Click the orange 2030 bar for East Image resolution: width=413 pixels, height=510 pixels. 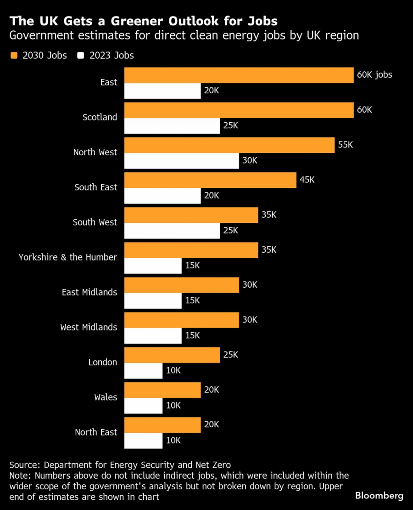click(239, 75)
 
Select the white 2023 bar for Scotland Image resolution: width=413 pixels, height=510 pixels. click(172, 126)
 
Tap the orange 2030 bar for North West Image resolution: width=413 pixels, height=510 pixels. click(229, 145)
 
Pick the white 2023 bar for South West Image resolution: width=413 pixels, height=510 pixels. click(172, 231)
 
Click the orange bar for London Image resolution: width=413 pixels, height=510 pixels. click(172, 355)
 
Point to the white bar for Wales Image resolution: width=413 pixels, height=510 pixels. click(143, 406)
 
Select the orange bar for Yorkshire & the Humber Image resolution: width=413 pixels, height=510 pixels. click(191, 250)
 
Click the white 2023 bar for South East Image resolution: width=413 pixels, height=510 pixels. click(162, 196)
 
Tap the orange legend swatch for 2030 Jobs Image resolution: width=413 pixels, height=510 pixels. click(14, 56)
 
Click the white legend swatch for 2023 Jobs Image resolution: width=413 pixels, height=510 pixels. click(82, 56)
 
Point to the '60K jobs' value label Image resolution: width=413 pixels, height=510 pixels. click(374, 74)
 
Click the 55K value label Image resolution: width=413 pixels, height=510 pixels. click(346, 145)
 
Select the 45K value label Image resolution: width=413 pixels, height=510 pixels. click(307, 180)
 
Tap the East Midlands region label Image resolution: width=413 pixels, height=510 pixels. click(89, 292)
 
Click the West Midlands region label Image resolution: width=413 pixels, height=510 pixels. click(89, 327)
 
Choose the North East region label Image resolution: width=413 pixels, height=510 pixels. click(96, 432)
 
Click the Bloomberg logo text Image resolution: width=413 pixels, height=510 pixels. click(379, 496)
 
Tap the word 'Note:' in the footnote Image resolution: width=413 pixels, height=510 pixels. click(21, 476)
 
